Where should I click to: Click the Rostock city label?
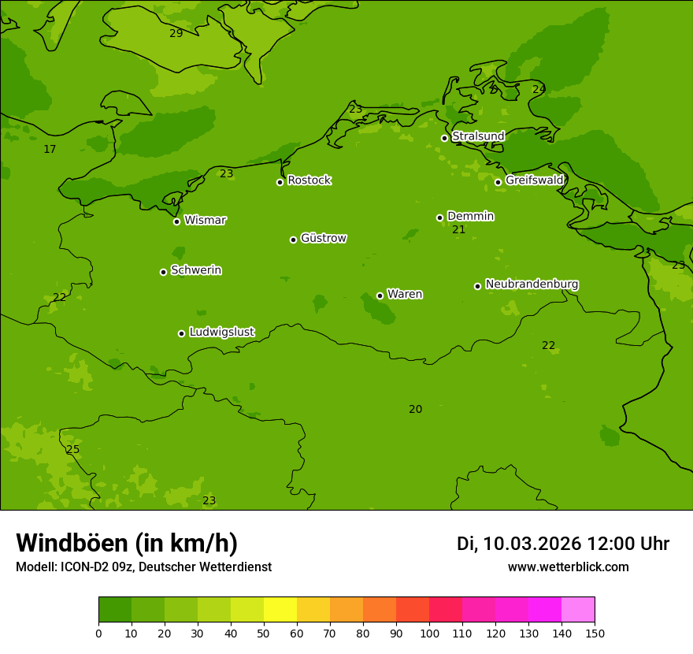pyautogui.click(x=309, y=180)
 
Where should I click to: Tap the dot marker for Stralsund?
pyautogui.click(x=444, y=138)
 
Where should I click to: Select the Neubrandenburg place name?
pyautogui.click(x=532, y=284)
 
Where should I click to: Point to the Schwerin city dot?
pyautogui.click(x=163, y=272)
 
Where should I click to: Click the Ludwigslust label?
pyautogui.click(x=221, y=333)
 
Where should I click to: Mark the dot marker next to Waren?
pyautogui.click(x=380, y=295)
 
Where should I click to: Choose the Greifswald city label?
pyautogui.click(x=534, y=180)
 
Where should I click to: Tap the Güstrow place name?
pyautogui.click(x=323, y=238)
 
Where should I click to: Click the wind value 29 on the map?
pyautogui.click(x=176, y=33)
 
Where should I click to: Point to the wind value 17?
pyautogui.click(x=50, y=150)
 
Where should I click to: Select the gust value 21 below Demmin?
pyautogui.click(x=458, y=230)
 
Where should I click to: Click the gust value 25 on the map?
pyautogui.click(x=72, y=450)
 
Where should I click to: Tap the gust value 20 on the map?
pyautogui.click(x=415, y=410)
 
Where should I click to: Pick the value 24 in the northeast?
pyautogui.click(x=539, y=90)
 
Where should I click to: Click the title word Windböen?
pyautogui.click(x=72, y=543)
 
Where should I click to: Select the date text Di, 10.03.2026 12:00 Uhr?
pyautogui.click(x=562, y=544)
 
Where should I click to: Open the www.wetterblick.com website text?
pyautogui.click(x=568, y=567)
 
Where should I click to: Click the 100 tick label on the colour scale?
pyautogui.click(x=429, y=633)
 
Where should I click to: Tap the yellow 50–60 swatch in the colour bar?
pyautogui.click(x=280, y=610)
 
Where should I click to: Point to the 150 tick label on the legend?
pyautogui.click(x=595, y=633)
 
